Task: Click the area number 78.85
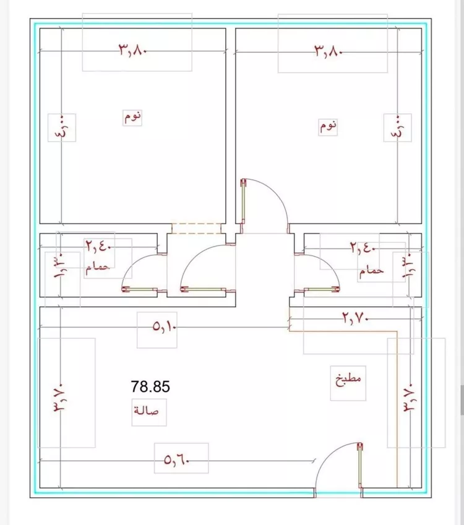click(x=150, y=386)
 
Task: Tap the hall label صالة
click(x=147, y=410)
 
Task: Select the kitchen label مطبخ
click(x=348, y=380)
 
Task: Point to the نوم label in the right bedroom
click(x=328, y=126)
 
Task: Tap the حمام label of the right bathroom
click(x=372, y=271)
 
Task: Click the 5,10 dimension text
click(x=165, y=326)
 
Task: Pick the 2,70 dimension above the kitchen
click(x=355, y=317)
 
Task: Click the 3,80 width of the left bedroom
click(x=132, y=50)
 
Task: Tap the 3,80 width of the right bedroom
click(x=328, y=51)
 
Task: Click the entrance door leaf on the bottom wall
click(x=360, y=466)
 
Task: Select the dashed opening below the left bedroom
click(x=196, y=228)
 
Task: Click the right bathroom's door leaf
click(x=321, y=289)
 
